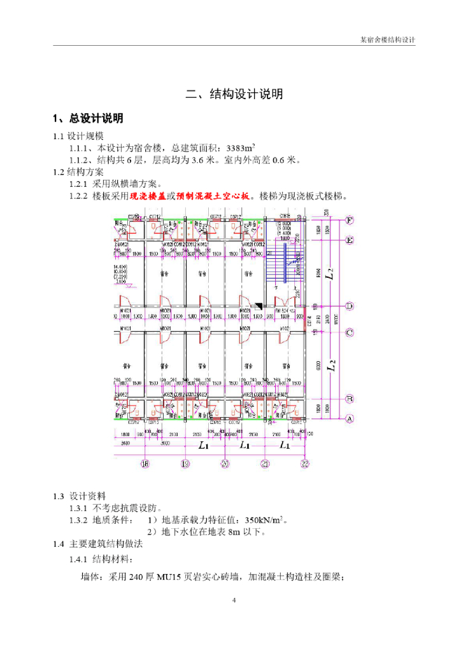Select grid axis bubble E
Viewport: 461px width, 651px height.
pos(350,240)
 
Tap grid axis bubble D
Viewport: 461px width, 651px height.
pos(350,306)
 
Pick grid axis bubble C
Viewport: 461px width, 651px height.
pos(350,332)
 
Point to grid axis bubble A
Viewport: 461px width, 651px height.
pos(350,419)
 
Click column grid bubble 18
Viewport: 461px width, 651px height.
pos(145,463)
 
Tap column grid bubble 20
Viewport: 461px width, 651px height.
pos(225,463)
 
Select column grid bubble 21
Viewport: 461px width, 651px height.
pos(264,463)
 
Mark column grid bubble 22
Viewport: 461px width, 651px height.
pos(305,463)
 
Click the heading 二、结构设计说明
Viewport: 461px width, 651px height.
pos(234,95)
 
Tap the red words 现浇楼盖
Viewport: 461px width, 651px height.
pos(148,196)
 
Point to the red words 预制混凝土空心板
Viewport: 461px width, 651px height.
pos(216,196)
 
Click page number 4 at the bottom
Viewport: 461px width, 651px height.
pos(234,600)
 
